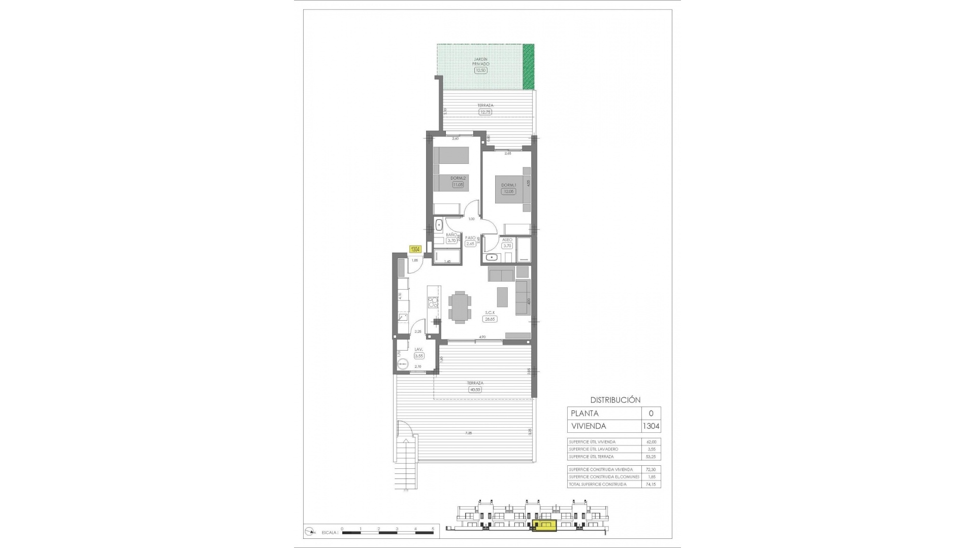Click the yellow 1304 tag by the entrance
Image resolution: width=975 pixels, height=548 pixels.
415,249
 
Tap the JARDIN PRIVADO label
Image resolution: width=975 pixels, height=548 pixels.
480,61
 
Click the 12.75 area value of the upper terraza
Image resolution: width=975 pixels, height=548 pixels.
485,112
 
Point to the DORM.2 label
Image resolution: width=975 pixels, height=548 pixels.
458,178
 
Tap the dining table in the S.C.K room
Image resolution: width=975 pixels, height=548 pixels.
459,307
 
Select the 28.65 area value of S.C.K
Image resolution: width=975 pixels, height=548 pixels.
490,319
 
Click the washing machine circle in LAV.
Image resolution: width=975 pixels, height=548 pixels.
403,363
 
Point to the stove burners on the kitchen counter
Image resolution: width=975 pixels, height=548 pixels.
78,303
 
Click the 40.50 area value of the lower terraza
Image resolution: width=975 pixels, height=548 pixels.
475,390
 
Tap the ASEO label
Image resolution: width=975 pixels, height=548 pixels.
507,240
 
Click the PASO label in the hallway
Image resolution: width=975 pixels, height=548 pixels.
470,237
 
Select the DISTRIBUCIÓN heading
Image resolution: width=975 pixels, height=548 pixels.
615,400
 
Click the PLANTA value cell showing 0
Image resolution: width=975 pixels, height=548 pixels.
651,414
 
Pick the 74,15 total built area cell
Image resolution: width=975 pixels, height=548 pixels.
651,484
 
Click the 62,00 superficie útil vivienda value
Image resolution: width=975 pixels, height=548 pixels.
651,442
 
